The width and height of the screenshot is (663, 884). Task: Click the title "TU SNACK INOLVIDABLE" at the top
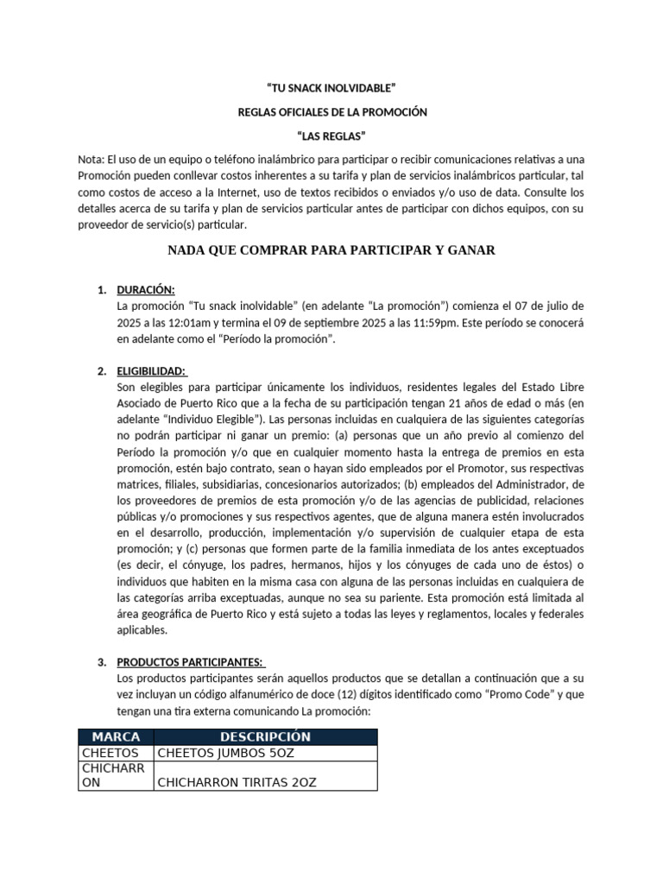tap(332, 88)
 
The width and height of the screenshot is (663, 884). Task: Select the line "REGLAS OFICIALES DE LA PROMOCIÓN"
tap(332, 112)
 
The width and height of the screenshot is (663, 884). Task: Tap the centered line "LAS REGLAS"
tap(332, 136)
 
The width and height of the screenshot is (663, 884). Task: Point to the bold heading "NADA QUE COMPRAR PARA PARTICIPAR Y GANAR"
tap(331, 250)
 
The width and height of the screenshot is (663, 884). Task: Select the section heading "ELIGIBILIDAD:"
tap(151, 371)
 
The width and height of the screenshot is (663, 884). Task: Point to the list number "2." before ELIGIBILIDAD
tap(102, 371)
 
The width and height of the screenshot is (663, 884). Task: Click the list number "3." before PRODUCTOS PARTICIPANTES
tap(102, 662)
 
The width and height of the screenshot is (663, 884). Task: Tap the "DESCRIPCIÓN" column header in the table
tap(265, 736)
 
